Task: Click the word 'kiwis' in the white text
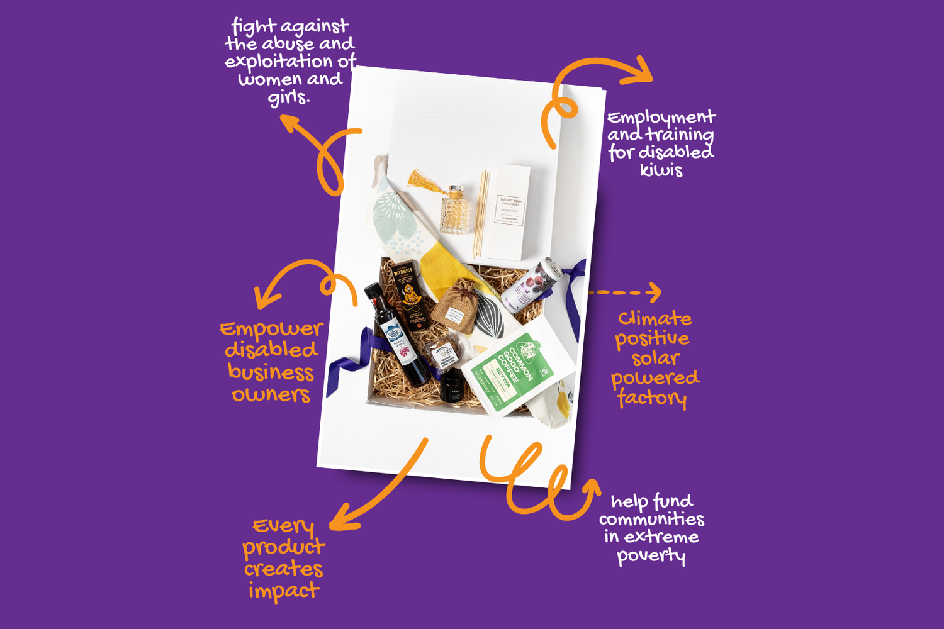(x=661, y=170)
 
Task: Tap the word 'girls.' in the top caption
(x=289, y=97)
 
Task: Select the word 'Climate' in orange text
(x=655, y=318)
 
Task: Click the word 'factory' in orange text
(x=652, y=398)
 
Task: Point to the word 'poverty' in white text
(x=651, y=555)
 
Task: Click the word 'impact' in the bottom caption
(x=284, y=591)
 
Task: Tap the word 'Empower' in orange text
(x=271, y=329)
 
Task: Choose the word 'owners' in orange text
(x=271, y=394)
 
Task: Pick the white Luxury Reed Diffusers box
(x=510, y=212)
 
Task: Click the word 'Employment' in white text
(x=661, y=118)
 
